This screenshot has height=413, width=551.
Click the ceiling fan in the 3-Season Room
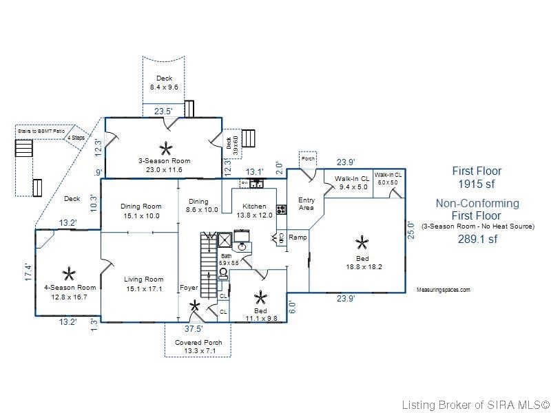(x=165, y=147)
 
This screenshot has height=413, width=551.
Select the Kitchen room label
(x=253, y=206)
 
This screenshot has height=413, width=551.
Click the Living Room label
(x=143, y=279)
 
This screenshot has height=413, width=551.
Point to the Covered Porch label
(x=194, y=343)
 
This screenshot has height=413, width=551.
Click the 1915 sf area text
(x=477, y=184)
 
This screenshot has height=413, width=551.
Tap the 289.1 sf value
(x=477, y=239)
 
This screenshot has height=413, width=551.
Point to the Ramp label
(x=298, y=237)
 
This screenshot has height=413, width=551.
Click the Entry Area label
(x=306, y=204)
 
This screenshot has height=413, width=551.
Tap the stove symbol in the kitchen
(x=281, y=209)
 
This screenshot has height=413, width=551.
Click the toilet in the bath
(x=223, y=273)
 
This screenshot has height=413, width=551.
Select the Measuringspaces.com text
(x=444, y=290)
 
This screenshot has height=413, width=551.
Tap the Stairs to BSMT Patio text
(x=41, y=129)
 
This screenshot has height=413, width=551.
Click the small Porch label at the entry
(x=308, y=158)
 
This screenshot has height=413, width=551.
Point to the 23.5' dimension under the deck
(x=163, y=110)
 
